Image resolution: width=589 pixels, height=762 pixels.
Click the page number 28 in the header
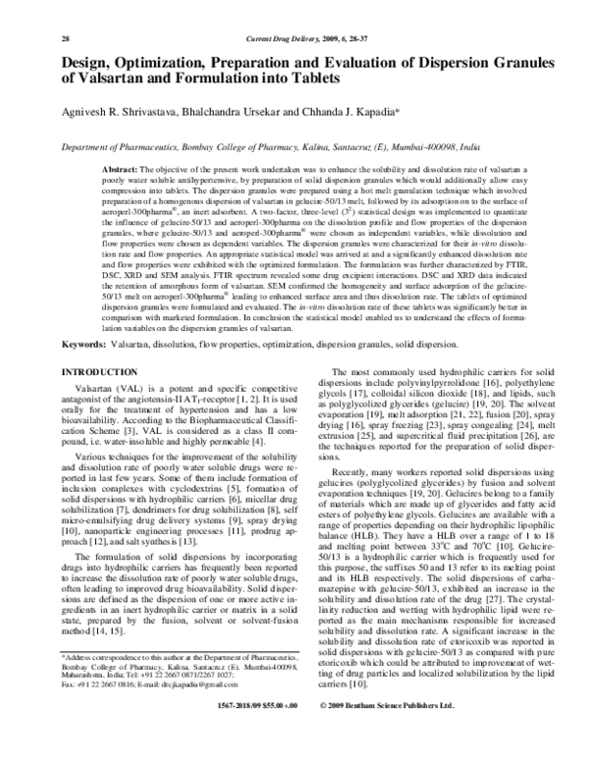click(38, 11)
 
